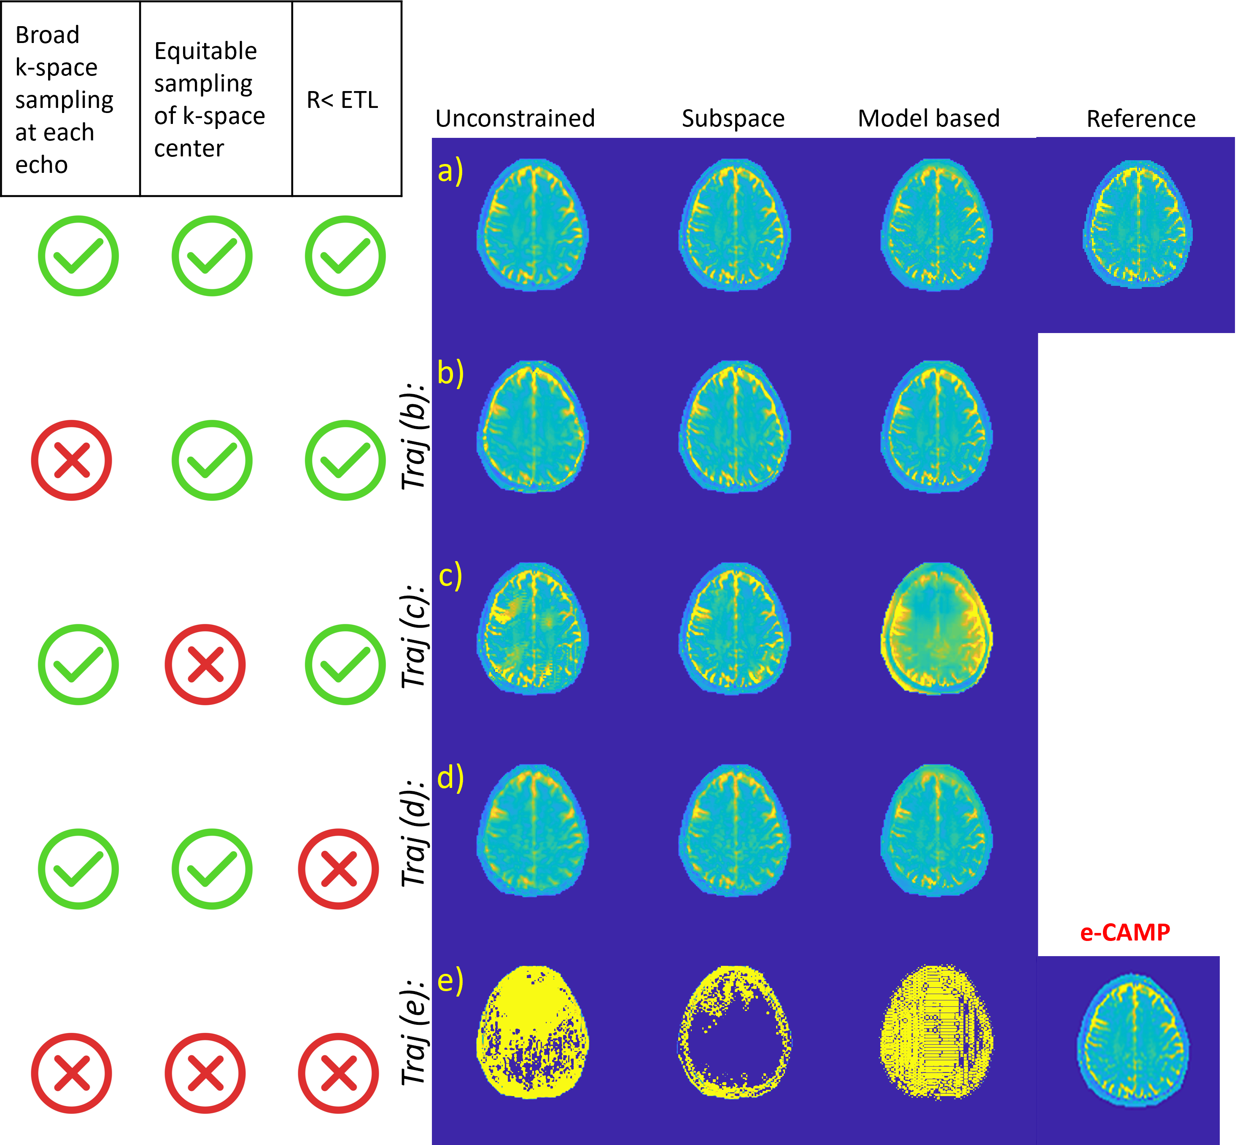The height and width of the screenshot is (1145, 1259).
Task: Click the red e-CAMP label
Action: click(x=1125, y=933)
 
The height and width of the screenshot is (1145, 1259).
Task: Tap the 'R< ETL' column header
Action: click(x=342, y=100)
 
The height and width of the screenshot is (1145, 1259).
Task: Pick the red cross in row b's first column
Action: click(x=72, y=460)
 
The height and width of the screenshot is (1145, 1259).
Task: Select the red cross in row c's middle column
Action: click(x=205, y=664)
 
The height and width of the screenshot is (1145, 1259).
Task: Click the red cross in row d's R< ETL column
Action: click(x=338, y=868)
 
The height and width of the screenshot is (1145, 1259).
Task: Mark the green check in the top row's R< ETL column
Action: click(x=345, y=256)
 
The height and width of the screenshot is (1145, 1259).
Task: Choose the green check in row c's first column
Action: click(x=78, y=664)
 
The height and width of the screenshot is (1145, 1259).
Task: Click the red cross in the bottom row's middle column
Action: click(x=205, y=1073)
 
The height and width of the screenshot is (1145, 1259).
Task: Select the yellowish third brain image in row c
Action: click(x=936, y=629)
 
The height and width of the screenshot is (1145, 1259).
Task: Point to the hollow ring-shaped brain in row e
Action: click(x=734, y=1032)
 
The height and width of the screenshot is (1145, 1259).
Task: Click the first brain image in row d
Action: click(x=533, y=831)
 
